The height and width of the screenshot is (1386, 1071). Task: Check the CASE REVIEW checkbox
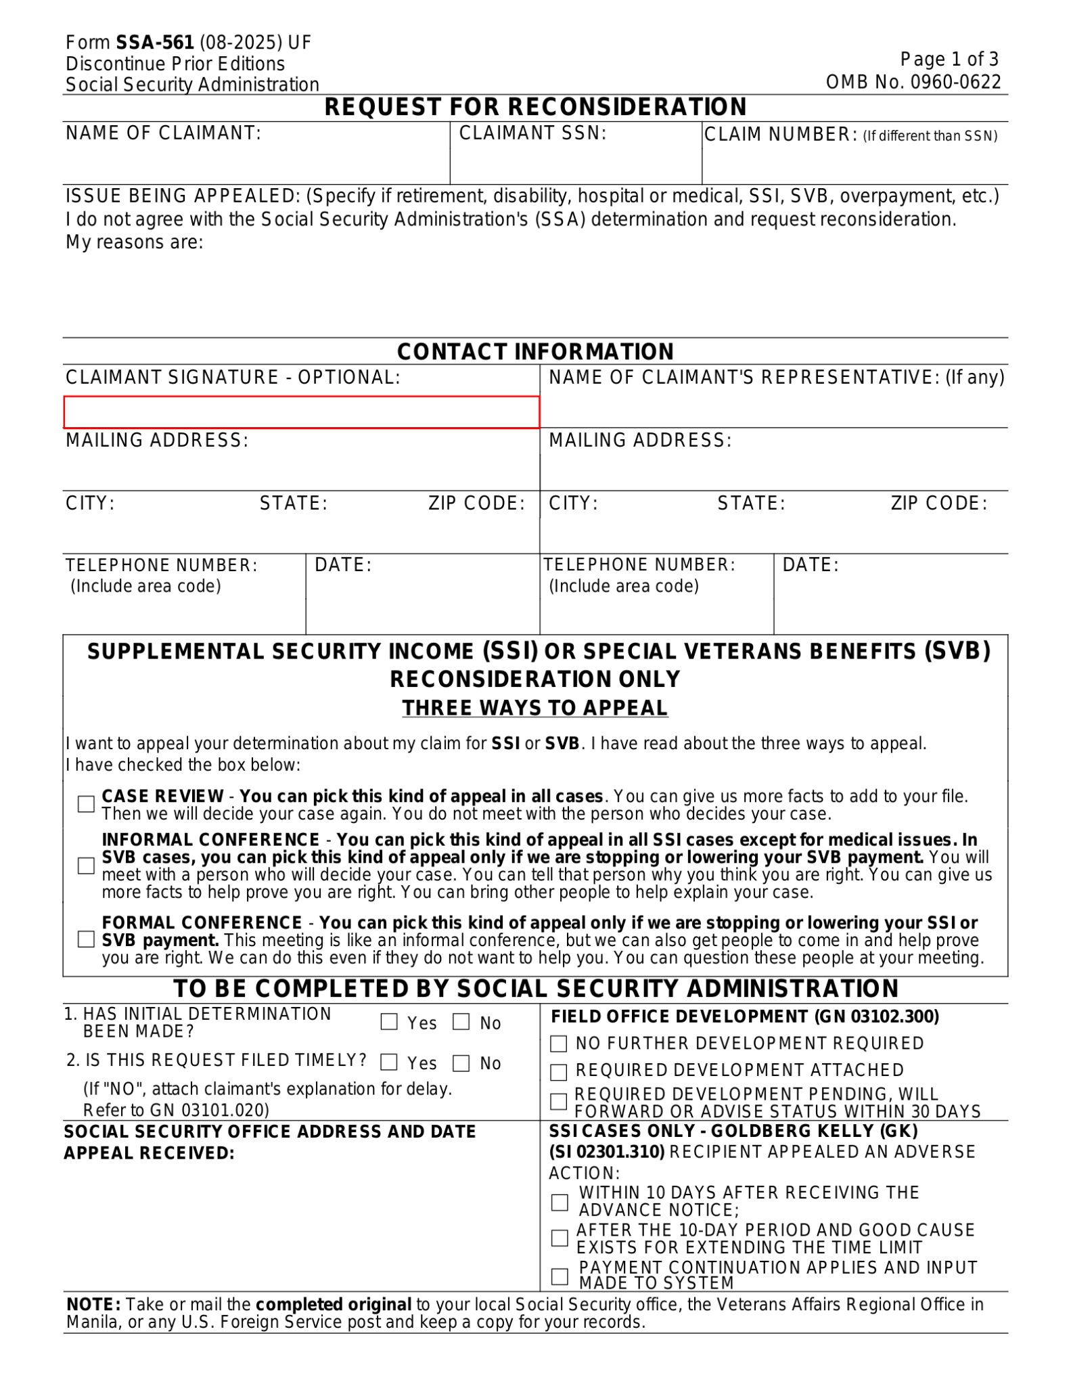86,804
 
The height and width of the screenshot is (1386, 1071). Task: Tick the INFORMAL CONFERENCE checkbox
86,866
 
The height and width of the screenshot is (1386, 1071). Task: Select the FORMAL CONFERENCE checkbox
86,939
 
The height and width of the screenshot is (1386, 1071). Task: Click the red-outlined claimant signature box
301,412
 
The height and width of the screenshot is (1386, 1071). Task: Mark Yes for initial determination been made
389,1022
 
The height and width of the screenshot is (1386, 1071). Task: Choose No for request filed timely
461,1063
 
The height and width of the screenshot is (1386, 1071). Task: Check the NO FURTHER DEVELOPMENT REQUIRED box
558,1044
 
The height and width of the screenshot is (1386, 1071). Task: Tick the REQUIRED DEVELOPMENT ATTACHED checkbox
558,1072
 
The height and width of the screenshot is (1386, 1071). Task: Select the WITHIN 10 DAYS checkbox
560,1202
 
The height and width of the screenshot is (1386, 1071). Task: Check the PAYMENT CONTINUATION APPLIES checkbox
560,1276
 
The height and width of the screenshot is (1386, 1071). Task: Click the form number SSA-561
155,43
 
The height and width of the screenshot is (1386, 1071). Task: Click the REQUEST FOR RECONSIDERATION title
535,107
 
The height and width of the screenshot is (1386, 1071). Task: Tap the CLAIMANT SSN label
532,133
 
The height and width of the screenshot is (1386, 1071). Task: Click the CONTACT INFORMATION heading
535,352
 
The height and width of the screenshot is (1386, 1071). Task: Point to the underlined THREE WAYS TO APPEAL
534,708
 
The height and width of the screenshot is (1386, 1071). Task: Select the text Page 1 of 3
949,60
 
